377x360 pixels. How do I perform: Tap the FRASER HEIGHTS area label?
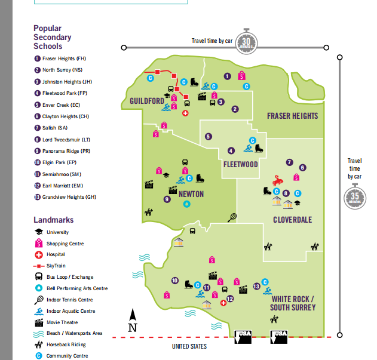pyautogui.click(x=292, y=116)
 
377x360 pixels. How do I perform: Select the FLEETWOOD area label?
pyautogui.click(x=240, y=164)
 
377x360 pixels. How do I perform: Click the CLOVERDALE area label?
pyautogui.click(x=292, y=220)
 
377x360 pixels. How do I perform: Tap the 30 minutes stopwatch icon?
pyautogui.click(x=247, y=40)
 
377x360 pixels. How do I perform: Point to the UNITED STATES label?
pyautogui.click(x=189, y=346)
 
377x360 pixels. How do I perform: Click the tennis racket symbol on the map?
pyautogui.click(x=232, y=217)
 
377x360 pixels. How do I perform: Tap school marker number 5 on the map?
pyautogui.click(x=208, y=137)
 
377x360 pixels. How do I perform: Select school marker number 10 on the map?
pyautogui.click(x=174, y=280)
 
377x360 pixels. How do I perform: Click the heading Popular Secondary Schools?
pyautogui.click(x=52, y=37)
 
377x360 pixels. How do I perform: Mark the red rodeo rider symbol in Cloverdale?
pyautogui.click(x=278, y=179)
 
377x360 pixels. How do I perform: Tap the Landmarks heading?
pyautogui.click(x=54, y=220)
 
